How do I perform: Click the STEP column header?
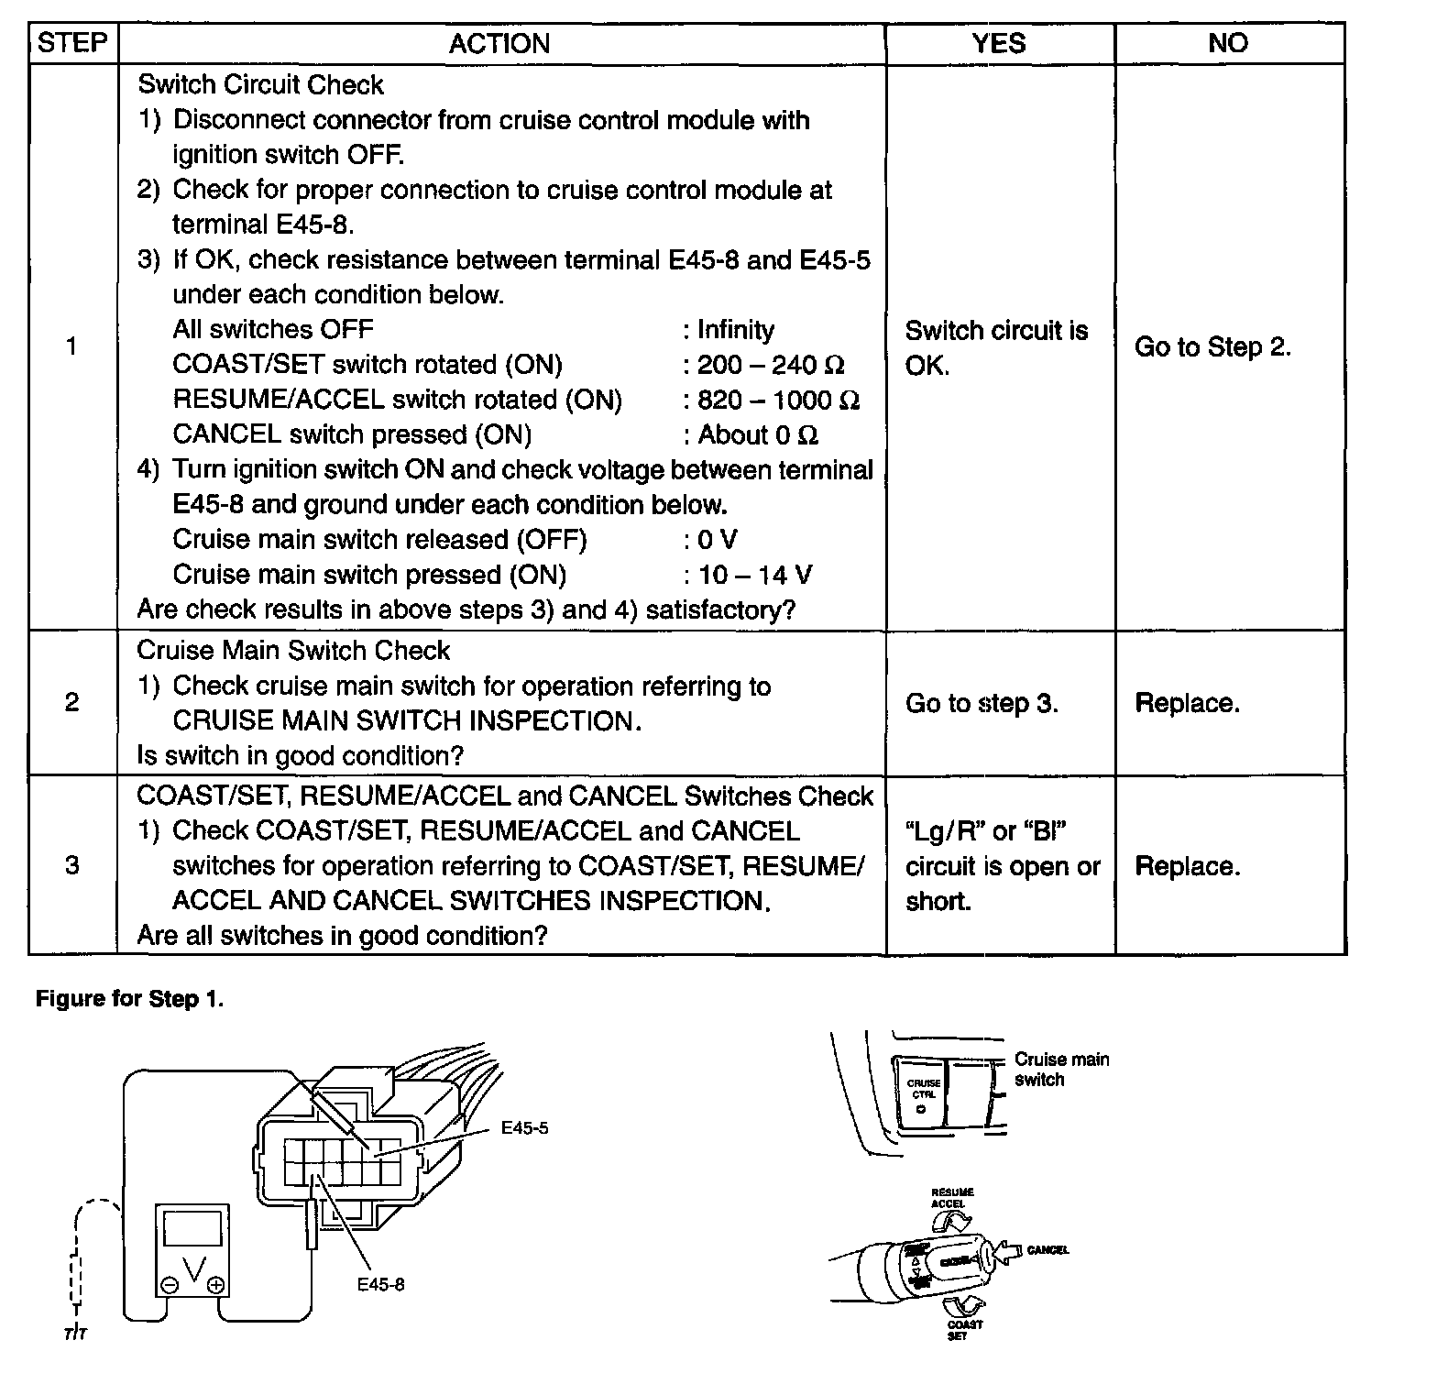pyautogui.click(x=72, y=43)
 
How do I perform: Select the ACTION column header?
pyautogui.click(x=499, y=43)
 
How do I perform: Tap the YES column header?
pyautogui.click(x=999, y=43)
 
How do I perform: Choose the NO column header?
pyautogui.click(x=1228, y=43)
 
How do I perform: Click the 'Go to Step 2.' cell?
pyautogui.click(x=1212, y=347)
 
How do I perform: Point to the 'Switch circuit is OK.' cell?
pyautogui.click(x=996, y=347)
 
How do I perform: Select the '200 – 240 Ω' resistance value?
pyautogui.click(x=771, y=365)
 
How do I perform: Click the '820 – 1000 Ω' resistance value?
pyautogui.click(x=778, y=401)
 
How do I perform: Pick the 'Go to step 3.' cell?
pyautogui.click(x=982, y=703)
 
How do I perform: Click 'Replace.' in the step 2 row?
pyautogui.click(x=1187, y=703)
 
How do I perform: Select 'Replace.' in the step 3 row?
pyautogui.click(x=1187, y=866)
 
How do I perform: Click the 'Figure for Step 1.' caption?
pyautogui.click(x=129, y=998)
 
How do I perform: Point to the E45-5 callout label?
pyautogui.click(x=524, y=1128)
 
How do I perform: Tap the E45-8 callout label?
pyautogui.click(x=380, y=1284)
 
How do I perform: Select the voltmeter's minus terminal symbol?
pyautogui.click(x=170, y=1285)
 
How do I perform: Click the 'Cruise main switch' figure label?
pyautogui.click(x=1061, y=1069)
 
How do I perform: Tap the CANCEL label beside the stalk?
pyautogui.click(x=1048, y=1249)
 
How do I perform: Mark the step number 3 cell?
pyautogui.click(x=72, y=866)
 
